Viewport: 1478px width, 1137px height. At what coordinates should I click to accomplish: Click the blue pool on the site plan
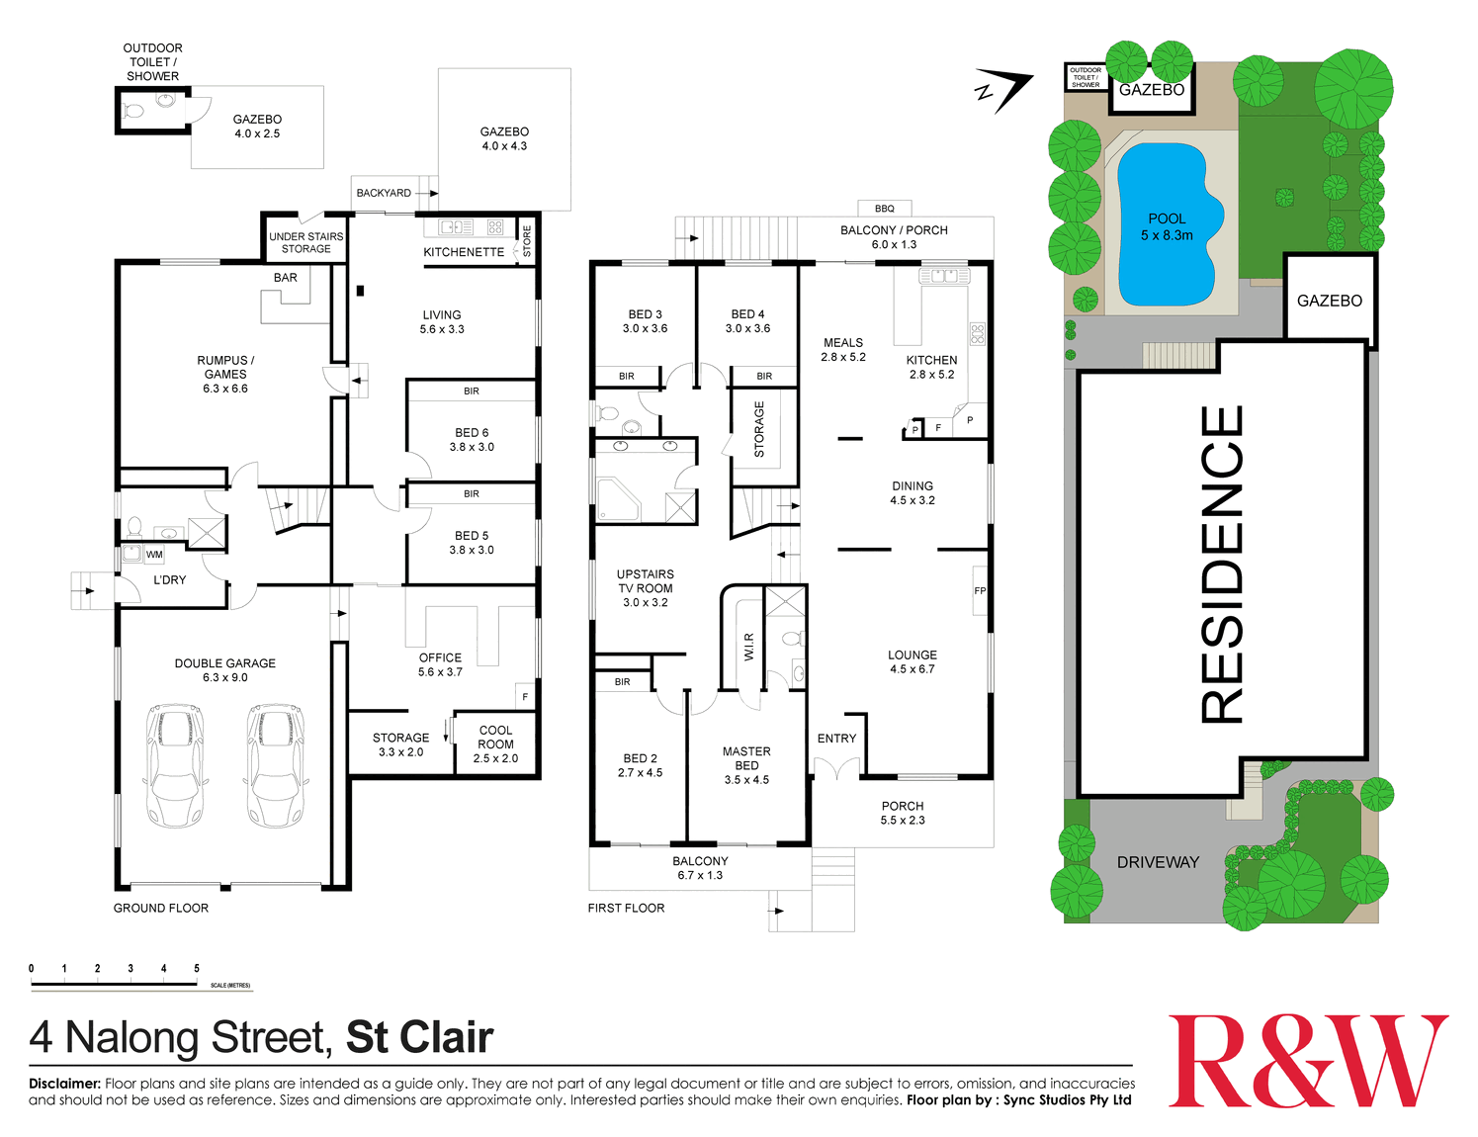[1169, 224]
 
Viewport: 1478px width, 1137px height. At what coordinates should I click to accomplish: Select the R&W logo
[1307, 1062]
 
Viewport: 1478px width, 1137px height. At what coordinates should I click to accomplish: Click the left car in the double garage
[176, 765]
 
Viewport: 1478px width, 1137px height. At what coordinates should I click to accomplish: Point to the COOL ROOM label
[495, 738]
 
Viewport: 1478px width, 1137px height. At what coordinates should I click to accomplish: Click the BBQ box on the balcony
[884, 208]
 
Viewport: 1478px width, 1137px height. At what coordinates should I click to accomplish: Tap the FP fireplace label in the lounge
[980, 590]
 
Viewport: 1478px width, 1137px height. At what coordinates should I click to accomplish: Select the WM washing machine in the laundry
[154, 555]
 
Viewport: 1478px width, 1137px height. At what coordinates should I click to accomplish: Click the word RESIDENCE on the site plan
[1222, 565]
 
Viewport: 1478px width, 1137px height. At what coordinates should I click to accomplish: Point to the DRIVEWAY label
[1158, 862]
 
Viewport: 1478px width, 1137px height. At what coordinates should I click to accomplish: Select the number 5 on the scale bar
[197, 968]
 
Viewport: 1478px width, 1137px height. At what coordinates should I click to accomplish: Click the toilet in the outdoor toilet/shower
[132, 110]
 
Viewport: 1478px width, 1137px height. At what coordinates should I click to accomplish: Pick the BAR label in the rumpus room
[285, 278]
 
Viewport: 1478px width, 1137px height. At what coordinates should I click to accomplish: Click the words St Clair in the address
[419, 1038]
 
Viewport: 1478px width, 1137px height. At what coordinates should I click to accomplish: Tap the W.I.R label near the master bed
[748, 647]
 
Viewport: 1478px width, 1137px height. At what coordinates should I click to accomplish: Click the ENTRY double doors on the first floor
[837, 768]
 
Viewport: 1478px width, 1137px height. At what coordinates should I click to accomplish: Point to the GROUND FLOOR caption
[161, 908]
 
